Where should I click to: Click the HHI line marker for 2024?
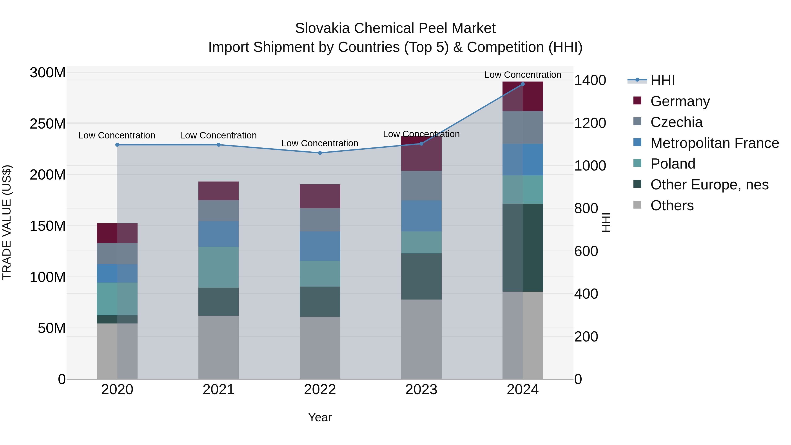tap(523, 84)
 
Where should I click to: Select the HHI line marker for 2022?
tap(320, 153)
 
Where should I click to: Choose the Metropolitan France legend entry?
tap(714, 143)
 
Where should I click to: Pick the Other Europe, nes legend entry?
tap(709, 185)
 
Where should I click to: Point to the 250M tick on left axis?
tap(48, 124)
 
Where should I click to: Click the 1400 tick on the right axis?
tap(590, 80)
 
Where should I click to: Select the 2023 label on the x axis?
tap(421, 390)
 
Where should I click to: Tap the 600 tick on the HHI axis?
tap(586, 251)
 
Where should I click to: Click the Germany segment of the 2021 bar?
tap(219, 191)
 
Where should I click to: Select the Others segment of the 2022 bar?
tap(320, 348)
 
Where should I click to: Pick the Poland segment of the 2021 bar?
tap(219, 267)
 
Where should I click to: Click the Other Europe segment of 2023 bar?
tap(421, 276)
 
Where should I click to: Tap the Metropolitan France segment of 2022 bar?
tap(320, 246)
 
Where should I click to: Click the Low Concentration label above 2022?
tap(320, 143)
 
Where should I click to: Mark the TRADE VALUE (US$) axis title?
tap(7, 222)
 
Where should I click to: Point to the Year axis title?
tap(320, 417)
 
